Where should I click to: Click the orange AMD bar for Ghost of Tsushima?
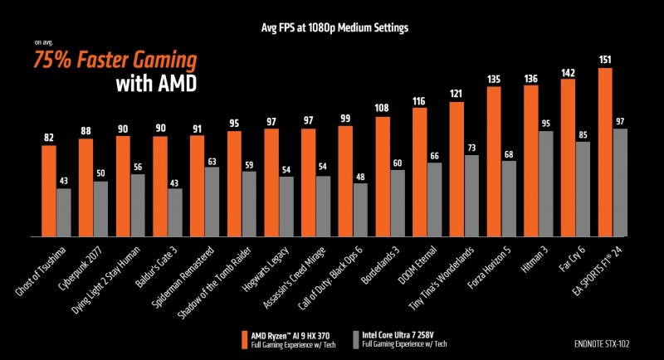click(49, 190)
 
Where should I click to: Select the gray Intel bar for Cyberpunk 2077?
click(100, 208)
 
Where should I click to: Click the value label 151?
click(605, 60)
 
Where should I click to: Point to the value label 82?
click(49, 137)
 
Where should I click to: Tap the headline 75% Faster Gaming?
click(115, 61)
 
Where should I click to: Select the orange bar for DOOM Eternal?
click(419, 174)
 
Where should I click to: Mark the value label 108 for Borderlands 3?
click(382, 109)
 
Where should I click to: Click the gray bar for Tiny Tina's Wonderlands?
click(472, 195)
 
